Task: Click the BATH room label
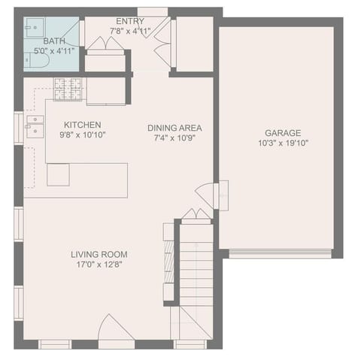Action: click(54, 41)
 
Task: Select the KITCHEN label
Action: click(83, 125)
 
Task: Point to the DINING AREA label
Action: click(174, 128)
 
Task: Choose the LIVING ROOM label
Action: click(99, 255)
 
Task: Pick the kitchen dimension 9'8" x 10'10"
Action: click(83, 135)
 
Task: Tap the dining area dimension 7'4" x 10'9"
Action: click(174, 139)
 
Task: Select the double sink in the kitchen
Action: click(35, 126)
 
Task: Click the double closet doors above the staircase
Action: click(196, 216)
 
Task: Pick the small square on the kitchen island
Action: click(58, 174)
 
